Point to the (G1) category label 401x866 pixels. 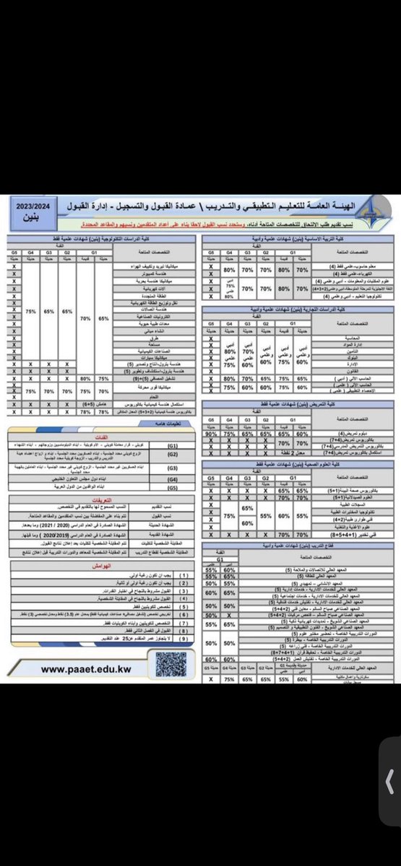click(x=173, y=447)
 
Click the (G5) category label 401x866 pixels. click(x=173, y=488)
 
